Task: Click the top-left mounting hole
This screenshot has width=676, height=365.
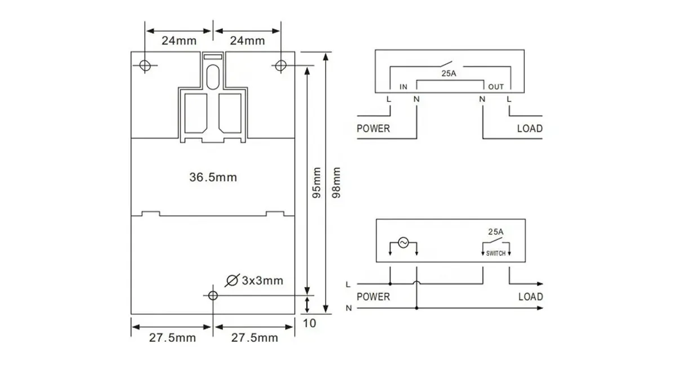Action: [x=145, y=65]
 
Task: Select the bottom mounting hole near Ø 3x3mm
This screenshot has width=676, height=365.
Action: [x=212, y=295]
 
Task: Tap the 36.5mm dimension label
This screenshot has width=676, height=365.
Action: [x=213, y=177]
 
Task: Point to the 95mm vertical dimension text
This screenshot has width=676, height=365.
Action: [x=316, y=183]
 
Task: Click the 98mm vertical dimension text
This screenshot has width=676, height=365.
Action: [x=337, y=183]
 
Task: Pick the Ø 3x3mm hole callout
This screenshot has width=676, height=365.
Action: [x=254, y=280]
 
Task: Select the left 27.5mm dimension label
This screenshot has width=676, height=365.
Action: [x=172, y=337]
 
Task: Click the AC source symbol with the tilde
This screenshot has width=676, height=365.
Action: [x=403, y=243]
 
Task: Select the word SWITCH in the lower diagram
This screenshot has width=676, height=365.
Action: [x=495, y=254]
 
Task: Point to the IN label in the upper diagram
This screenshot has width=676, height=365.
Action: [x=403, y=87]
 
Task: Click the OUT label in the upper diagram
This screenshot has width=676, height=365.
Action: [x=496, y=87]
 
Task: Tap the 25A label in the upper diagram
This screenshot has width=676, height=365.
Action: [x=450, y=73]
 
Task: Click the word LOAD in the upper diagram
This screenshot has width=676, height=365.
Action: [x=530, y=128]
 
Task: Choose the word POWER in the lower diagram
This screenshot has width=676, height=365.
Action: [x=373, y=296]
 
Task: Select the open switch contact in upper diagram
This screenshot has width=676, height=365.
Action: [x=450, y=61]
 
